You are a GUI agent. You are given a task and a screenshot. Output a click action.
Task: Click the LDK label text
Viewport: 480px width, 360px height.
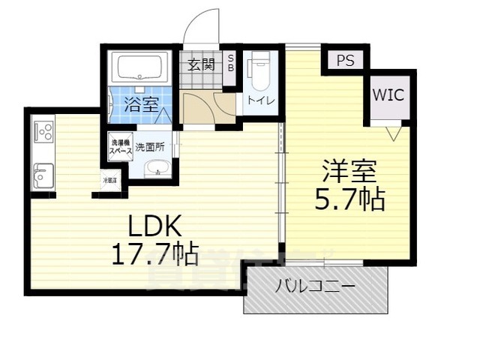coord(155,226)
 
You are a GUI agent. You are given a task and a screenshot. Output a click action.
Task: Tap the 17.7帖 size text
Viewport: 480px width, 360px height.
coord(155,256)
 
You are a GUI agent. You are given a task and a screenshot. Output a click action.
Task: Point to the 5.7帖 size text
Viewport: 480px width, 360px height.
coord(350,199)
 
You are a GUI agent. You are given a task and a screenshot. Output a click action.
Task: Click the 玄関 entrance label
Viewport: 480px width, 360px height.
coord(201,63)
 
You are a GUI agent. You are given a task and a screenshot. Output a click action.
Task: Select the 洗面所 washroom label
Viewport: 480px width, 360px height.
coord(155,148)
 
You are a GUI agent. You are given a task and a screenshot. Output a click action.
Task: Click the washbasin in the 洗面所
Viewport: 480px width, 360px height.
coord(157,169)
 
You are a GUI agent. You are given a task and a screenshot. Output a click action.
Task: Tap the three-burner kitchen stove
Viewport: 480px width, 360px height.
coord(43,133)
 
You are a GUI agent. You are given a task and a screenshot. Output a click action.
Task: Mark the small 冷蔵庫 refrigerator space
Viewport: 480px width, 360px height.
coord(110,181)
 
